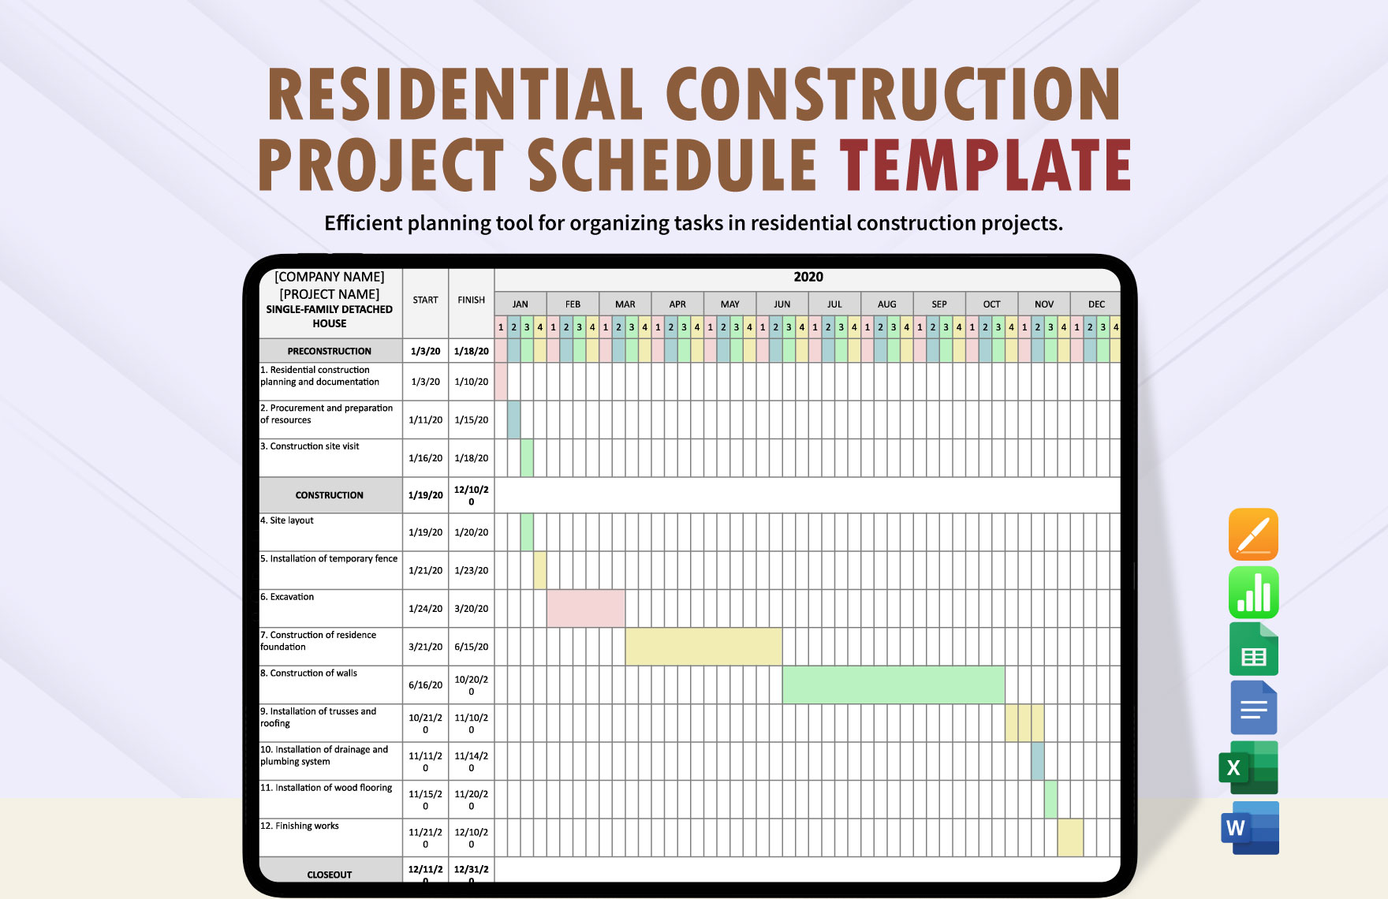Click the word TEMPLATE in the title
tap(986, 165)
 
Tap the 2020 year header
tap(808, 278)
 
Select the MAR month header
tap(625, 304)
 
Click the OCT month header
tap(991, 304)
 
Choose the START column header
tap(425, 300)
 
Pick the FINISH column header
tap(471, 300)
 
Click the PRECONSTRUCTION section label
tap(330, 351)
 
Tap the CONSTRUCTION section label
tap(330, 495)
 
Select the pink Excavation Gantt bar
tap(585, 608)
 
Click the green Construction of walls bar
tap(893, 685)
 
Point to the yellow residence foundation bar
tap(703, 647)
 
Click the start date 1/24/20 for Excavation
tap(425, 609)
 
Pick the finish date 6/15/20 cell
tap(471, 647)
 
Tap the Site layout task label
tap(292, 520)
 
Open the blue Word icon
tap(1250, 828)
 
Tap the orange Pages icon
tap(1253, 534)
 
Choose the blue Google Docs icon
tap(1253, 707)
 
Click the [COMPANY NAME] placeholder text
tap(330, 277)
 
